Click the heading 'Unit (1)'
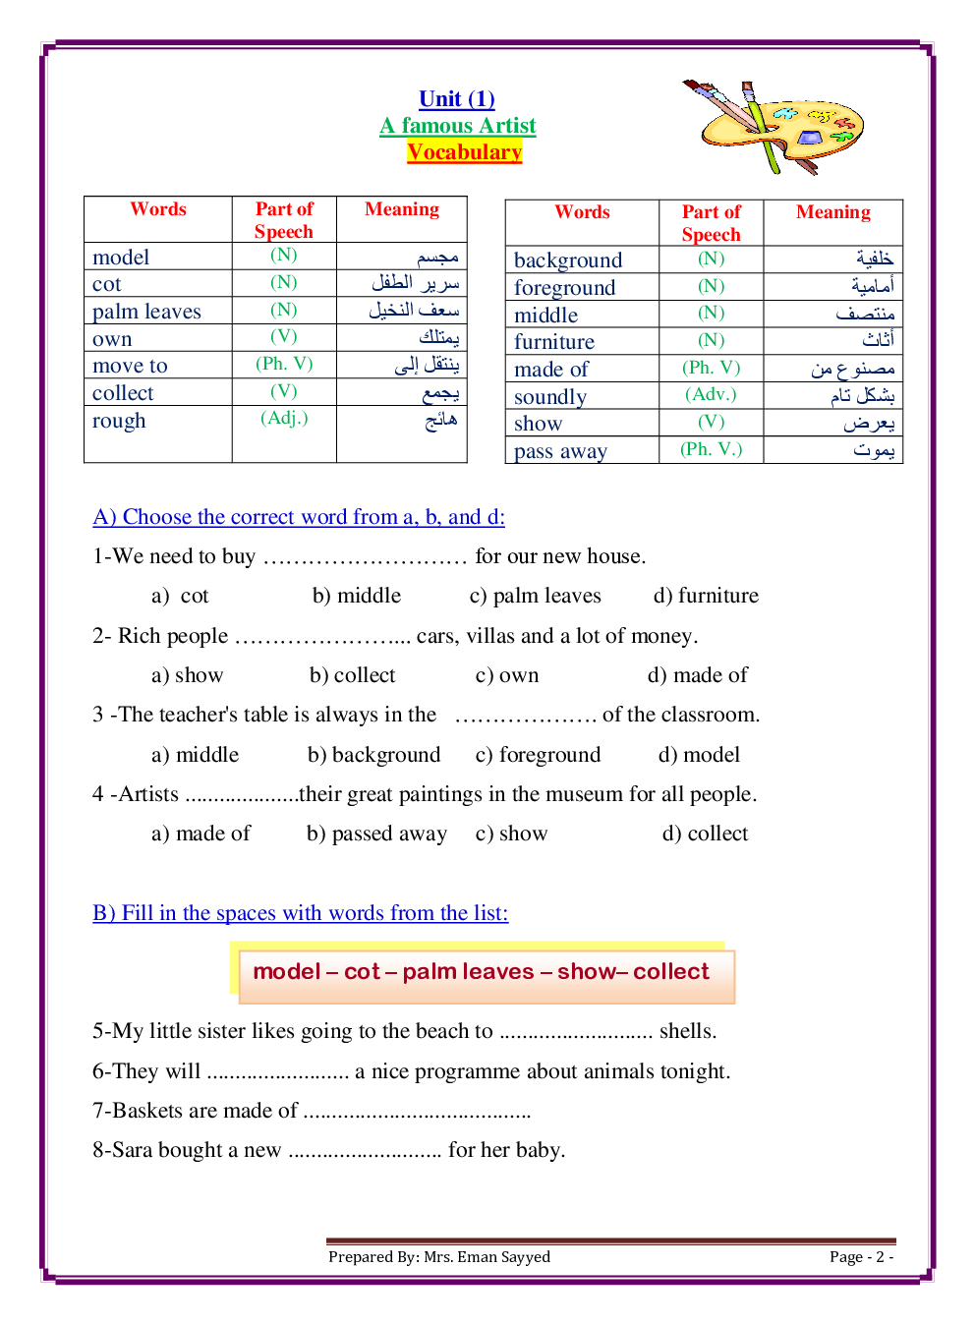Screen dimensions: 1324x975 457,99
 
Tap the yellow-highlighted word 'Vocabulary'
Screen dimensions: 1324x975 464,152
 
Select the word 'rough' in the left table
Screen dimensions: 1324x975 119,421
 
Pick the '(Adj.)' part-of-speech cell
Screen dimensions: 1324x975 284,418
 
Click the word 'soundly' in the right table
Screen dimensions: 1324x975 550,397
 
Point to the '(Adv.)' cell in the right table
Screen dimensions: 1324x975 711,394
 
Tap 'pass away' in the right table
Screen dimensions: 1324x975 560,451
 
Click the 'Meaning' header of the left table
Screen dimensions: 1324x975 402,209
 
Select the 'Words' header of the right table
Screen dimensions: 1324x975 582,212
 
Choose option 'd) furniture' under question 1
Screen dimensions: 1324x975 706,596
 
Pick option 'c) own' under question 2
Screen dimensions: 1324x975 507,675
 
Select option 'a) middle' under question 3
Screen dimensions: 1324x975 195,755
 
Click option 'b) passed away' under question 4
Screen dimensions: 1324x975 376,834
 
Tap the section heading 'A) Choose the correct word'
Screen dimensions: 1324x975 299,517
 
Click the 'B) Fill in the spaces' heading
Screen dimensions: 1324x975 301,913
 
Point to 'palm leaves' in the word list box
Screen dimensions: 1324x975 468,972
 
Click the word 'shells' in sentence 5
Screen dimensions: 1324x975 686,1031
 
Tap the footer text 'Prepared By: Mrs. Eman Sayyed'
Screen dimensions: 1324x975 439,1257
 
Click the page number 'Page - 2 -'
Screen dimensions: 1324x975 861,1257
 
